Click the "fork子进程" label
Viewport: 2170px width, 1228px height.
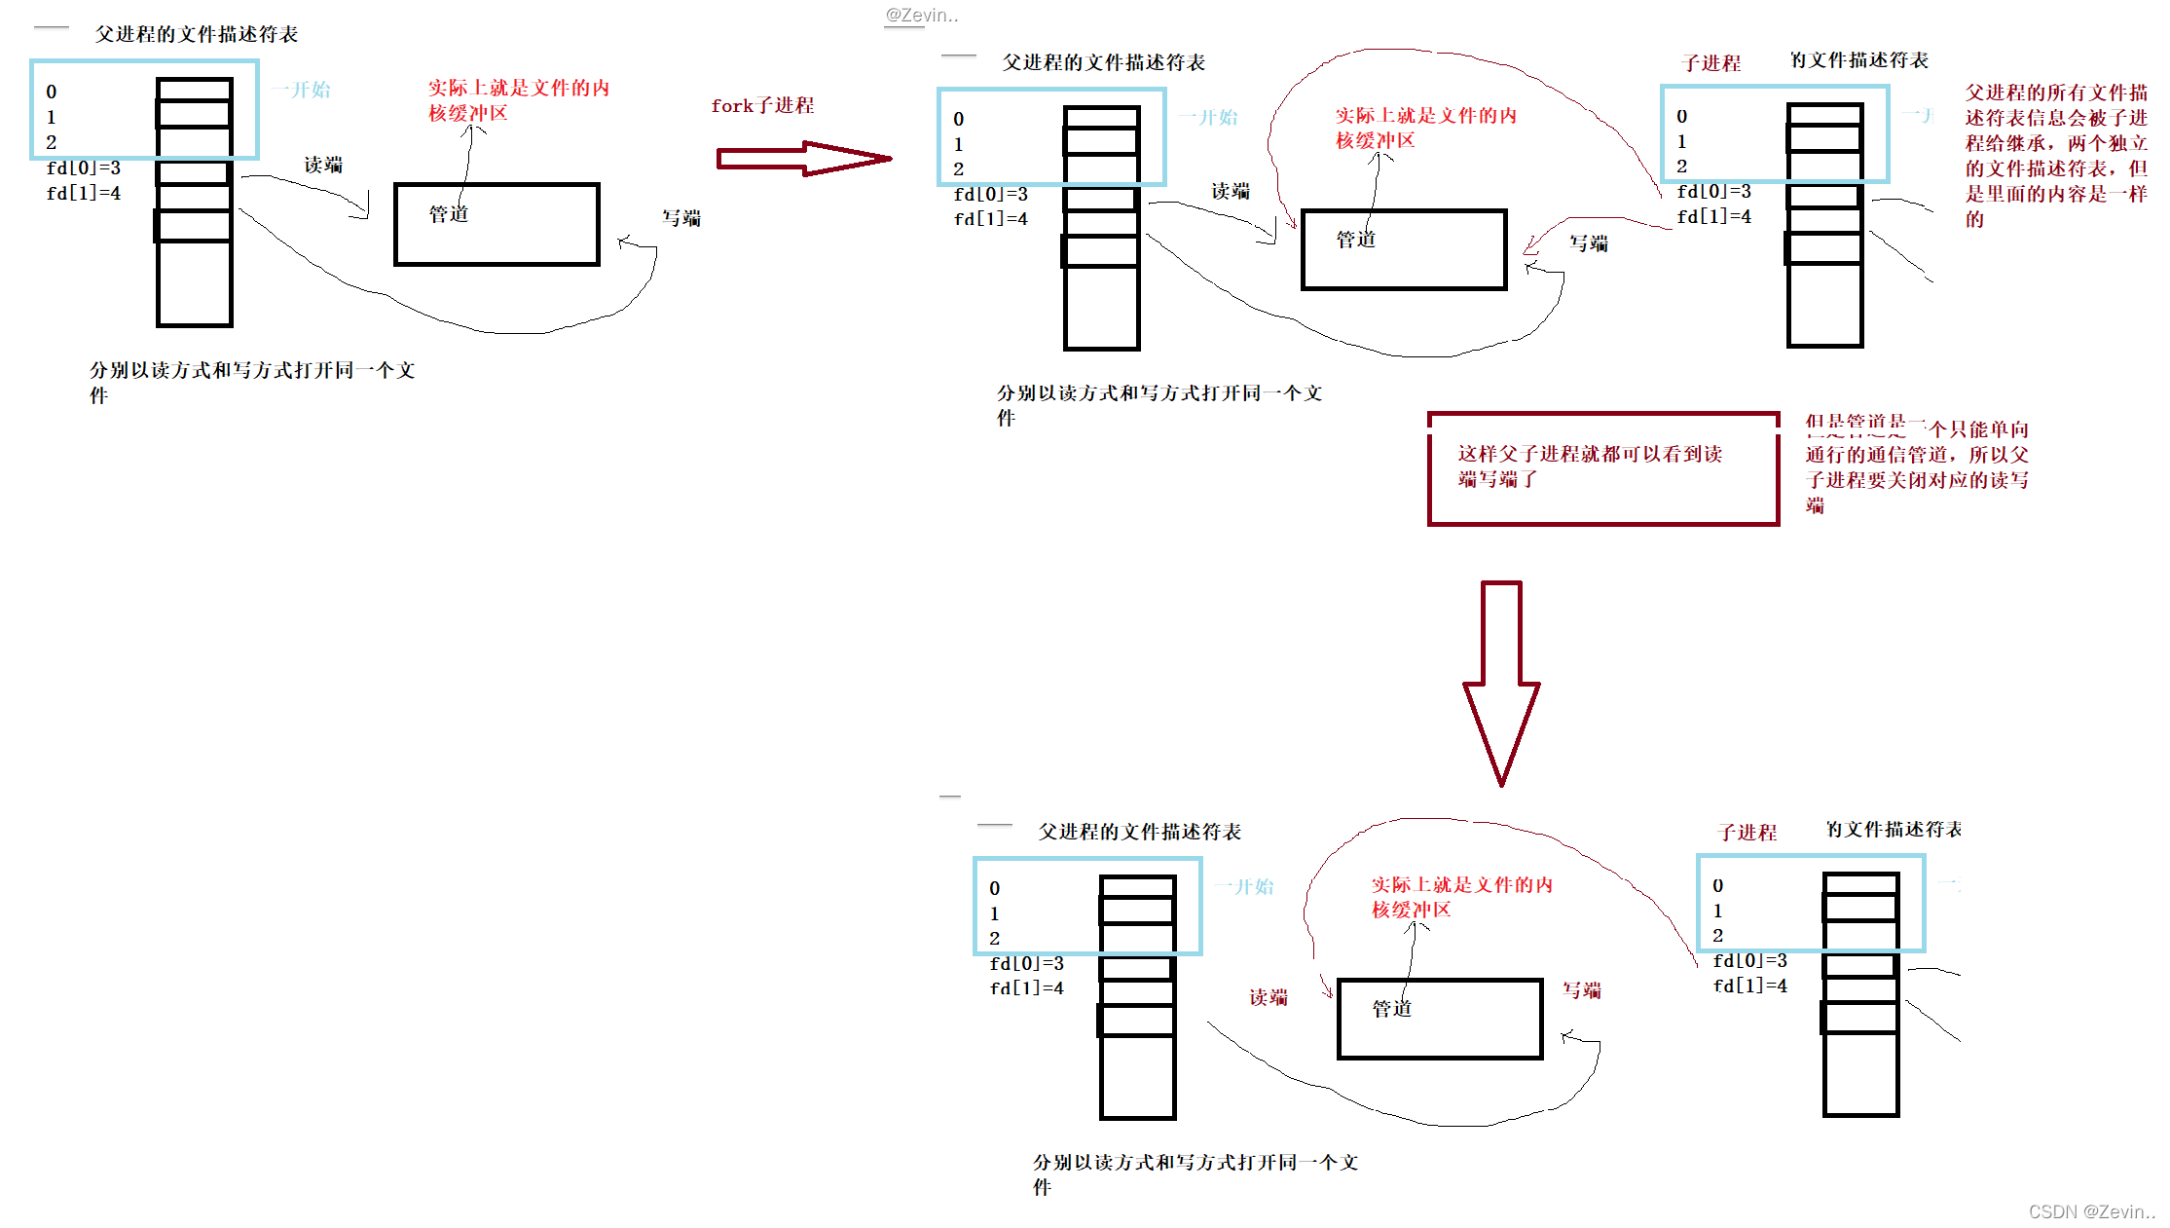click(x=761, y=105)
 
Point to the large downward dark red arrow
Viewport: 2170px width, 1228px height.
click(x=1500, y=682)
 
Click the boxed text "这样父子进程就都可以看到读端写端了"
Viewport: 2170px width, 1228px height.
click(x=1589, y=466)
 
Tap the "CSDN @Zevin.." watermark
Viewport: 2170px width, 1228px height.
click(x=2090, y=1211)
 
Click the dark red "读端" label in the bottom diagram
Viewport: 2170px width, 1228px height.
click(x=1268, y=997)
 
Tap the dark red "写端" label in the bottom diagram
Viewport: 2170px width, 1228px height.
click(x=1581, y=990)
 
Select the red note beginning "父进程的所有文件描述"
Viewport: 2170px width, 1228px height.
click(x=2055, y=156)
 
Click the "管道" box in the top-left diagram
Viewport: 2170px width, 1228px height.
click(x=497, y=224)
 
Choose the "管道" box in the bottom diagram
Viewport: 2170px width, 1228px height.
click(x=1440, y=1019)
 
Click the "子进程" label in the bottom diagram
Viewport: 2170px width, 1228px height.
click(x=1747, y=833)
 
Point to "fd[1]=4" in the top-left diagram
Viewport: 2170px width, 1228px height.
click(x=84, y=193)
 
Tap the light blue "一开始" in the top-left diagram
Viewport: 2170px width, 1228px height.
click(x=301, y=90)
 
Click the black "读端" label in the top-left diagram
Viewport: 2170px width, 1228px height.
click(x=322, y=165)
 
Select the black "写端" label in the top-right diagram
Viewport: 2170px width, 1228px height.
click(x=1588, y=243)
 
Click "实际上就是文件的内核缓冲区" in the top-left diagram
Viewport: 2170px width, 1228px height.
click(x=518, y=100)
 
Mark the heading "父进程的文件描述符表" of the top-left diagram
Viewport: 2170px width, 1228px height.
click(x=196, y=34)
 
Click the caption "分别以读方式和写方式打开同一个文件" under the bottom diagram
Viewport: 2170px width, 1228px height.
click(x=1195, y=1173)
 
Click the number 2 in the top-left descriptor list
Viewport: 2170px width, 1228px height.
click(x=52, y=142)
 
